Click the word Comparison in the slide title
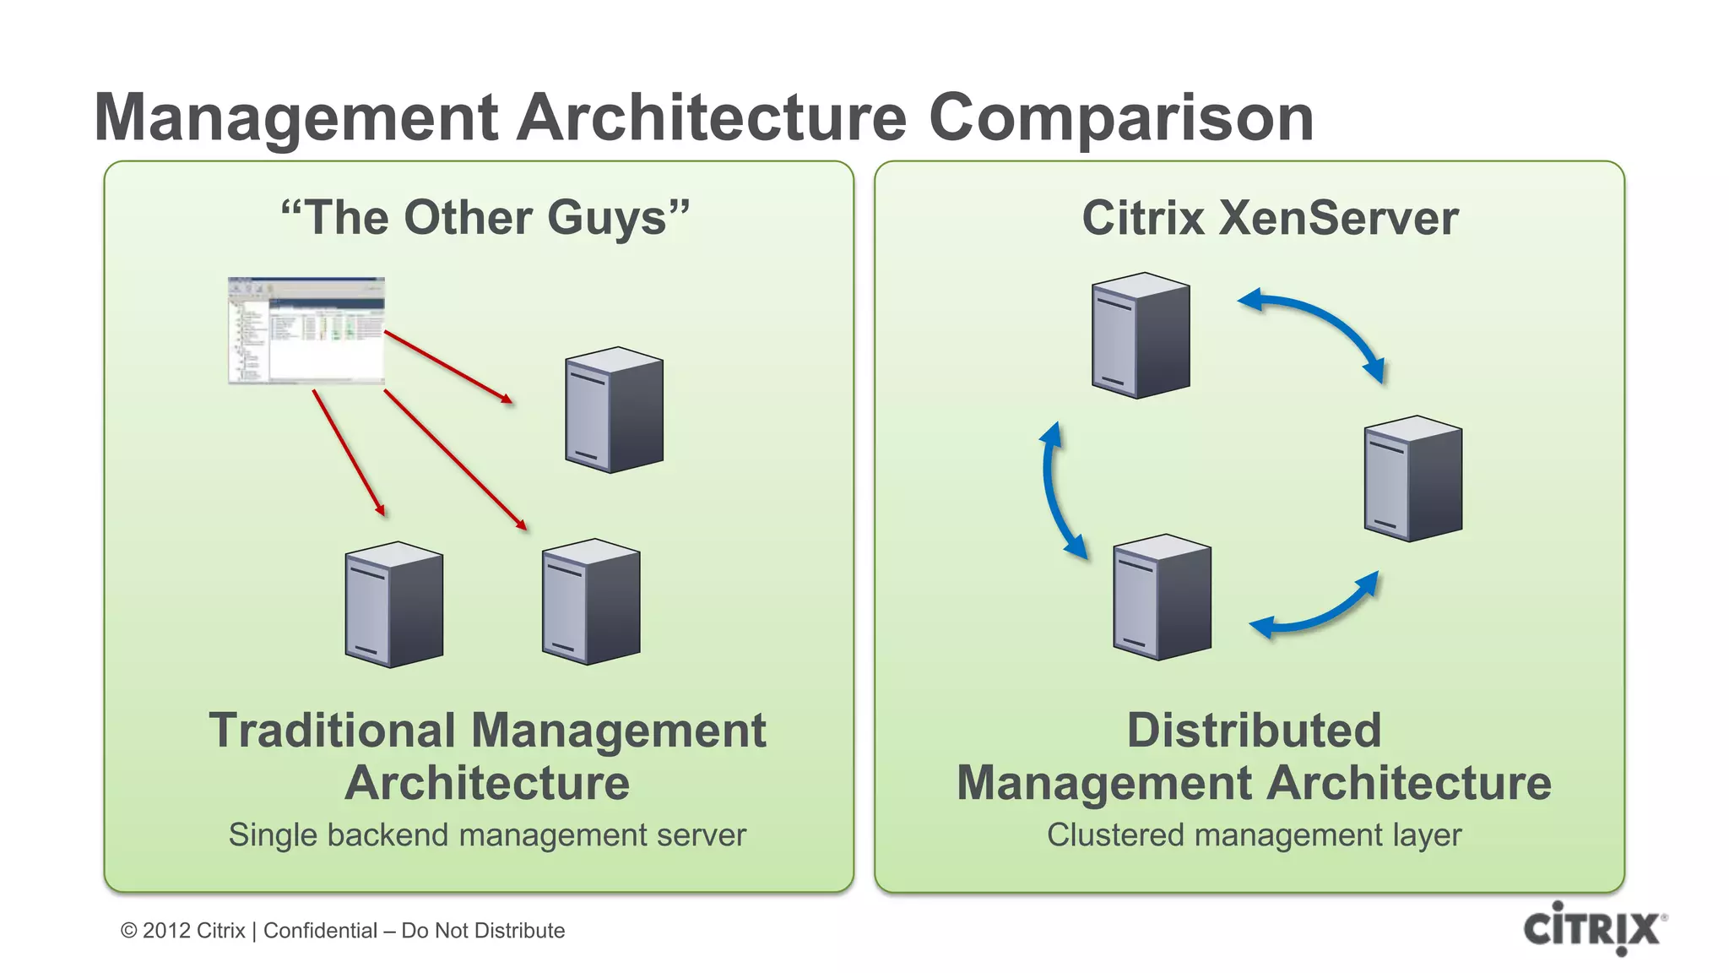click(x=1120, y=118)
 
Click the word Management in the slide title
click(x=295, y=118)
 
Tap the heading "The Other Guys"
click(x=485, y=218)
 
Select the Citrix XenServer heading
click(x=1270, y=218)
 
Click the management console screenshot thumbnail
click(x=306, y=330)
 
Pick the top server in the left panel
click(x=614, y=410)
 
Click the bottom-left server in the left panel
click(x=394, y=604)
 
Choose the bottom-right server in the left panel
click(x=591, y=601)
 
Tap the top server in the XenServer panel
click(x=1141, y=335)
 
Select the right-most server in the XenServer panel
click(x=1413, y=478)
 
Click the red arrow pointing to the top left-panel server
click(x=448, y=367)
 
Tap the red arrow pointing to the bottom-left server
click(x=349, y=452)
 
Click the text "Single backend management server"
click(x=487, y=835)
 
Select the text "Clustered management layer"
click(x=1254, y=835)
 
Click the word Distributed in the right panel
click(x=1254, y=731)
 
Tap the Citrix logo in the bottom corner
click(x=1591, y=928)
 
